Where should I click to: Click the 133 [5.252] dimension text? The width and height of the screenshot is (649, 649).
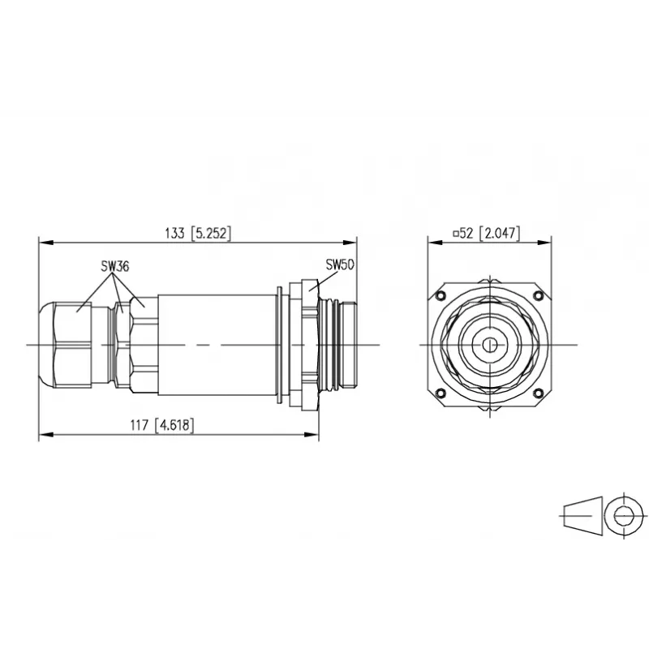[x=197, y=233]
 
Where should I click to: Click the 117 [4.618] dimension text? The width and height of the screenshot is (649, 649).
[x=162, y=425]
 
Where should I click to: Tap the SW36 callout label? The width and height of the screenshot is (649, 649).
[x=115, y=266]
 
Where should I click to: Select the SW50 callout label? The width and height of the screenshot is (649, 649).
[x=340, y=264]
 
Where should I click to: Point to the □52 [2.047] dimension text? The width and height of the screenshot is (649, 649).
[x=486, y=233]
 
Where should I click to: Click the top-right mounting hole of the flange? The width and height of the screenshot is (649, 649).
[x=539, y=295]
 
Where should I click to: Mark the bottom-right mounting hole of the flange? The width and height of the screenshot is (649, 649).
[x=539, y=393]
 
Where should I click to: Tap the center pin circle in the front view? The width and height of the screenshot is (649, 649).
[x=490, y=344]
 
